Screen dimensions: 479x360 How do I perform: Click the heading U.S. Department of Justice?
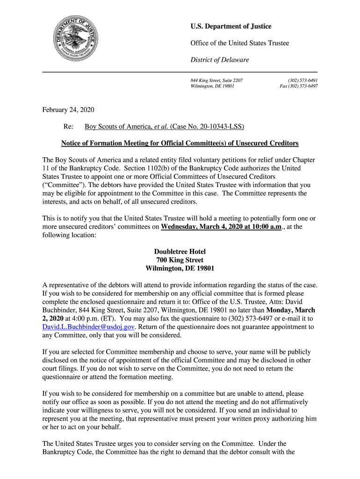(230, 27)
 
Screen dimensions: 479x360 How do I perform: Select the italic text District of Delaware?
(219, 60)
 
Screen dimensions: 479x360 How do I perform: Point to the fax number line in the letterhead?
(299, 87)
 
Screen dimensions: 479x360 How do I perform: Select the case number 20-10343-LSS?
(220, 127)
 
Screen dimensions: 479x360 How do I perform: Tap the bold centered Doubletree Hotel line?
(180, 252)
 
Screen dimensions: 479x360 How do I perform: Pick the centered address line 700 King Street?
(180, 260)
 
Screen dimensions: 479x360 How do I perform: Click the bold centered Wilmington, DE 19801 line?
(180, 269)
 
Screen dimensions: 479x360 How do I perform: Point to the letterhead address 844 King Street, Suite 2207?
(216, 80)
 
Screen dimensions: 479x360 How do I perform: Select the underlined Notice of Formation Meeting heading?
(180, 143)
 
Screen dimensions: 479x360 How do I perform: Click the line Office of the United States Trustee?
(239, 43)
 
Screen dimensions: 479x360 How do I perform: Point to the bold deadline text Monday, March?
(290, 310)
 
